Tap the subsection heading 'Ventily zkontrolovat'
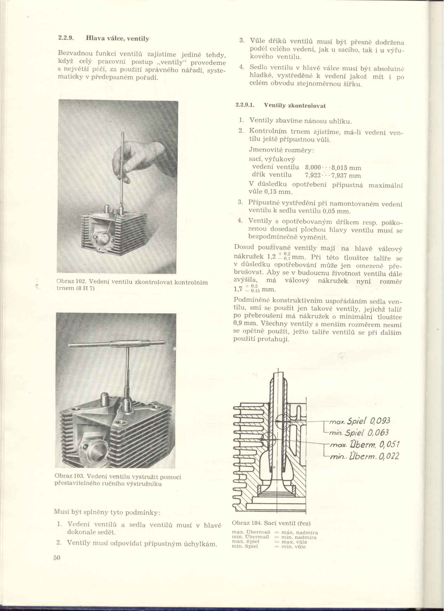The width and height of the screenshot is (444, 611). (x=295, y=105)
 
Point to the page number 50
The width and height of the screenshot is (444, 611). (x=57, y=558)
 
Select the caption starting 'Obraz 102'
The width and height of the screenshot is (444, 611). (x=132, y=285)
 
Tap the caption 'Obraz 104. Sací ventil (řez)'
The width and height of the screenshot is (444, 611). (x=271, y=523)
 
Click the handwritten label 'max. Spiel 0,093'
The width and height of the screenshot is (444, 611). (x=360, y=421)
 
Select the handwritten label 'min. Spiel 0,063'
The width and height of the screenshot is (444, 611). (x=360, y=433)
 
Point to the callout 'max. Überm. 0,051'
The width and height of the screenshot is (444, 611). (x=363, y=445)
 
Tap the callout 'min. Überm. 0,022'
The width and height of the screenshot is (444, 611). (x=363, y=456)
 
